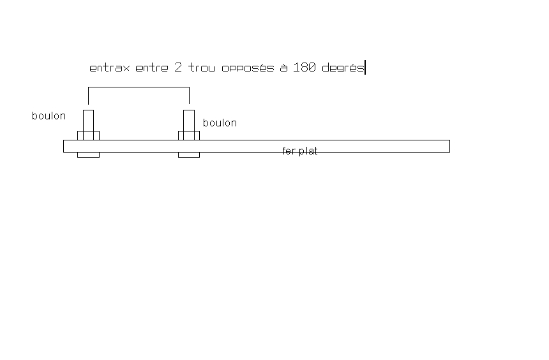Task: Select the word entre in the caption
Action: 152,68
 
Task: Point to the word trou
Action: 202,68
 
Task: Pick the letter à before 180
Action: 283,67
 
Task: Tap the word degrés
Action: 343,68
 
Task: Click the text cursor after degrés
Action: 365,68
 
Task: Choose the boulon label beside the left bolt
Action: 49,116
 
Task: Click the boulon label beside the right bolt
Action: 220,123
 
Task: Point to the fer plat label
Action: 300,151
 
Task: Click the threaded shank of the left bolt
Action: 88,120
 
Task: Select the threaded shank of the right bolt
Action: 189,120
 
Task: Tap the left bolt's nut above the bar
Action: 88,135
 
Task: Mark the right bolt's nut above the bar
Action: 189,135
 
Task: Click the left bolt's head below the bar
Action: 88,154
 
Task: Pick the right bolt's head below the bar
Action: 189,154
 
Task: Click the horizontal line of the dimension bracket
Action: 139,87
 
